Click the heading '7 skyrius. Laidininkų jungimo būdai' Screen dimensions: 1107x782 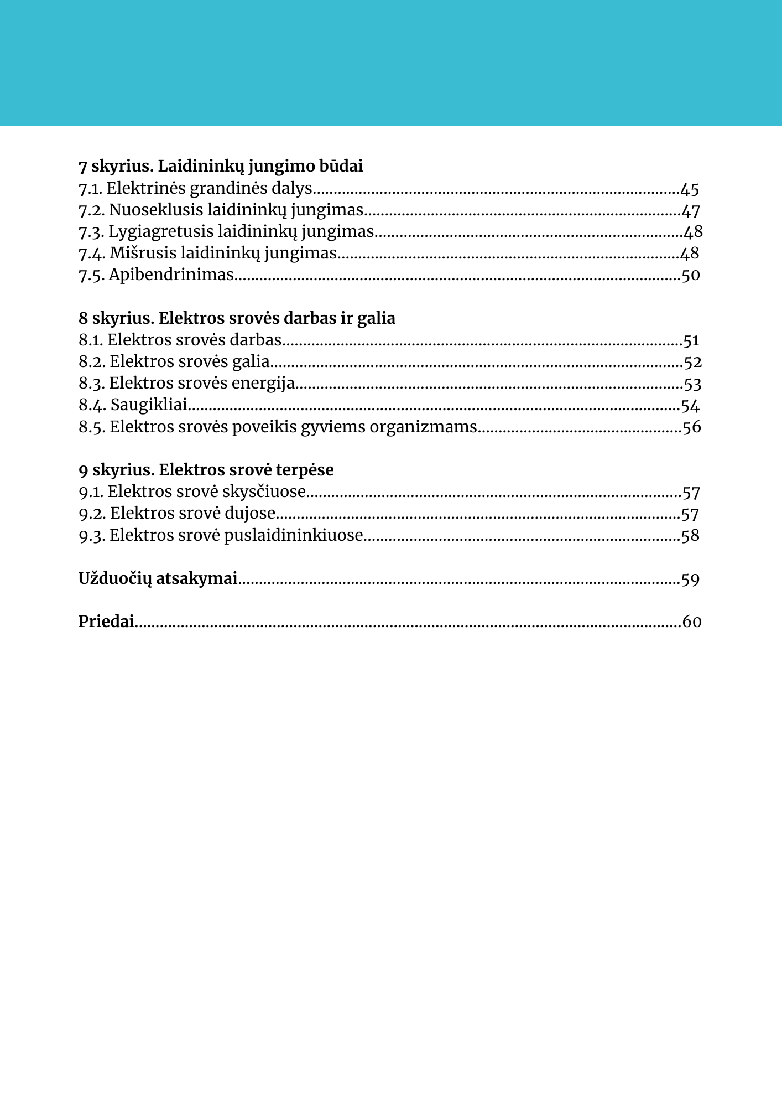[x=221, y=166]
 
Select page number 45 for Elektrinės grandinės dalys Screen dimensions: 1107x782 [x=690, y=189]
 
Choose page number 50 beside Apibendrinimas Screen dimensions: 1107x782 [x=690, y=275]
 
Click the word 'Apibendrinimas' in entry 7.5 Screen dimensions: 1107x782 [x=171, y=275]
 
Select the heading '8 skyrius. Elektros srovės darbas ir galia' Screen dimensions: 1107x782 [x=237, y=318]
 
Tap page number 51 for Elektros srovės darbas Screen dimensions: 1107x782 [x=691, y=340]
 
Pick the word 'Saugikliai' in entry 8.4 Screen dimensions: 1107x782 [x=149, y=405]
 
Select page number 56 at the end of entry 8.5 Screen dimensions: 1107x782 [x=691, y=427]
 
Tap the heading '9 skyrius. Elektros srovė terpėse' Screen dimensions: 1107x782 [x=206, y=470]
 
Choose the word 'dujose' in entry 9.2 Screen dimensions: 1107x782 [x=250, y=514]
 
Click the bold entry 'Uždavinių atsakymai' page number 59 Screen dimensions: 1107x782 [x=690, y=580]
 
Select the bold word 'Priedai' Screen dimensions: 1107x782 [x=106, y=622]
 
